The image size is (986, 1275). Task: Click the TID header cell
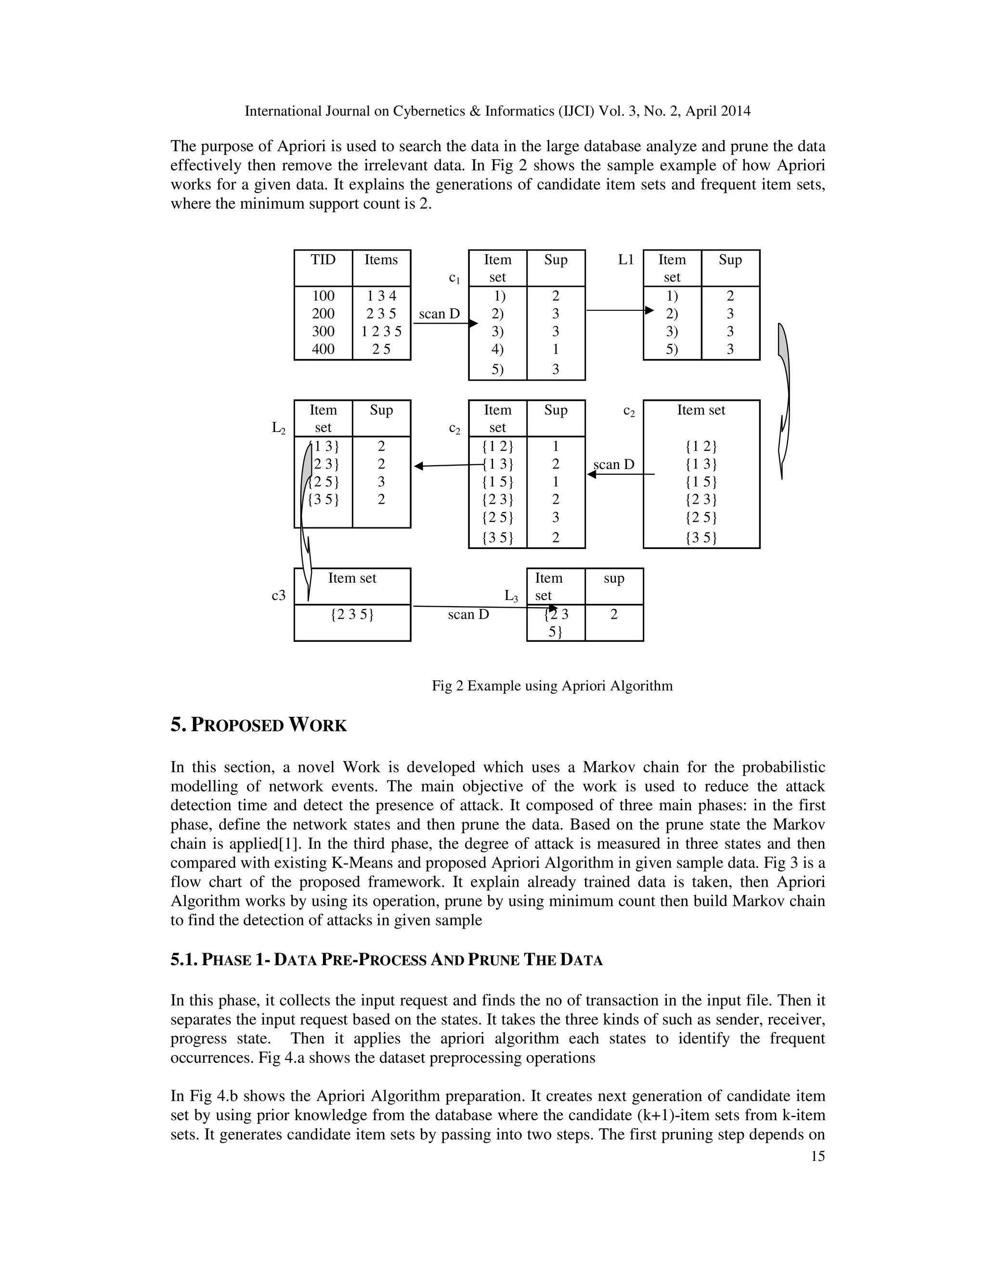323,260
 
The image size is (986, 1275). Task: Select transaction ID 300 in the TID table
323,331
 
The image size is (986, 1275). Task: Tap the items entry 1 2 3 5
381,331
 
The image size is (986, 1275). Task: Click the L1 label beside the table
625,260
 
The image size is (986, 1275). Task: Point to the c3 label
279,596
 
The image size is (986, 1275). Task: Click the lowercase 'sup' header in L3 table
614,578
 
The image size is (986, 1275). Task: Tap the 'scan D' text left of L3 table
468,615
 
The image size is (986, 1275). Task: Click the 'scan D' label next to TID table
439,314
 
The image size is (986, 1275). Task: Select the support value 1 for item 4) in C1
556,349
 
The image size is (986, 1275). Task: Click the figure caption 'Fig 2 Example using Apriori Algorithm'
552,685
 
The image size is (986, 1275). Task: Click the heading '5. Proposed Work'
259,726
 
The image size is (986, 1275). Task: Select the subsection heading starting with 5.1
386,960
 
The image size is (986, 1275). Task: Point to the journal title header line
497,111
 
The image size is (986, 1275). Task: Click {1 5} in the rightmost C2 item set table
701,482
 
